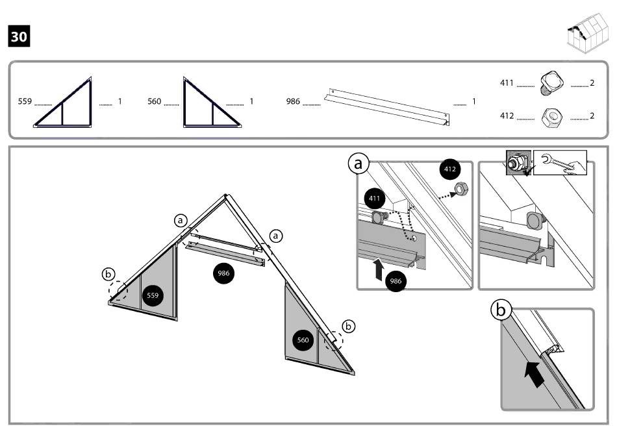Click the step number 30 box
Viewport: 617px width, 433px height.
(19, 36)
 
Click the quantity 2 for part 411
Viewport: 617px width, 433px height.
(592, 83)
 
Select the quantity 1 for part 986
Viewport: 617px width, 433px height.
(474, 102)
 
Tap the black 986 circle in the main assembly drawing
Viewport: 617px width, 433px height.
(224, 273)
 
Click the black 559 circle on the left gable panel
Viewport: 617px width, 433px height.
(153, 295)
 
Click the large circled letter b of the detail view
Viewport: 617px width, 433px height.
(501, 312)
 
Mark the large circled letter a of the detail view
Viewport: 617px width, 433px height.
(358, 164)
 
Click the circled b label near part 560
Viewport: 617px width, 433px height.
(349, 327)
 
